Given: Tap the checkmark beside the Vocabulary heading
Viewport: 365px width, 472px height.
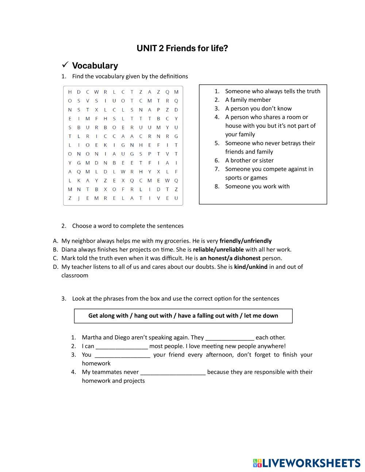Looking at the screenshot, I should pos(65,65).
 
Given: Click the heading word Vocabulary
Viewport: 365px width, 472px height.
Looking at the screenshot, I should pos(95,66).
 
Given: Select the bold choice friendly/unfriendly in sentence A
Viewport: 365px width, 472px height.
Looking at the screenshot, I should pos(245,241).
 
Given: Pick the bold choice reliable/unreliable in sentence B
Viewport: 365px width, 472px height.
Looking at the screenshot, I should pos(218,249).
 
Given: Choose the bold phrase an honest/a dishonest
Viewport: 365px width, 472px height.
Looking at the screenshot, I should pos(230,258).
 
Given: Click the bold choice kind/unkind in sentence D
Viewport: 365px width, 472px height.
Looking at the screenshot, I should pos(251,267).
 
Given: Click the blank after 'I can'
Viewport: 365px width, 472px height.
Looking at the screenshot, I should pos(122,346).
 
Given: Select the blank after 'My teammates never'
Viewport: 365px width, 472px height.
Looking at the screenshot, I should pos(173,372).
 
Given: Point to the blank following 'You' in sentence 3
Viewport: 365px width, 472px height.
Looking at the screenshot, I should pos(122,355).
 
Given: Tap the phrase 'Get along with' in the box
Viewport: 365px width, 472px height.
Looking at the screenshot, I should pos(108,316).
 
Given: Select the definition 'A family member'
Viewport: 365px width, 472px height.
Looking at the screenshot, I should pos(248,100).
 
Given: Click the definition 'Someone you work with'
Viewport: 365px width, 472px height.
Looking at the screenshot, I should pos(257,186).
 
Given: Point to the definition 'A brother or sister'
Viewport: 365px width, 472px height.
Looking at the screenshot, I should pos(249,160).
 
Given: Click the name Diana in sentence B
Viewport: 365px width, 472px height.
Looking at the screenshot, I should pos(69,249).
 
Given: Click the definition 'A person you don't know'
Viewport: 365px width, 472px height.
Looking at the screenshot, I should pos(258,108).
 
